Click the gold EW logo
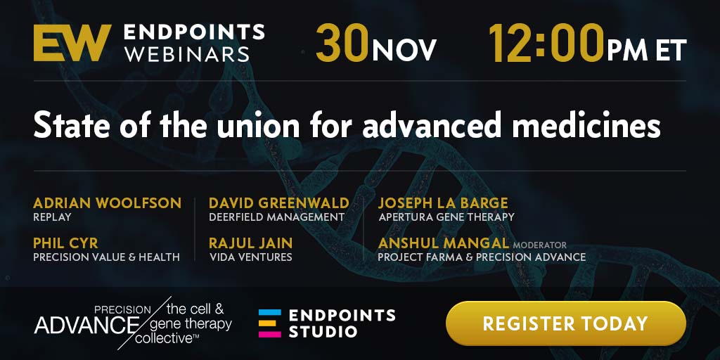(x=72, y=43)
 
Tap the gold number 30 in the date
(x=342, y=43)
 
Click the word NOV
(x=404, y=49)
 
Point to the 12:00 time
(x=546, y=43)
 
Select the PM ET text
(x=647, y=49)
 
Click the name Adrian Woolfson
(x=108, y=203)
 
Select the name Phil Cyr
(x=65, y=243)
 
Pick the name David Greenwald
(x=279, y=203)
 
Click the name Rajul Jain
(x=251, y=243)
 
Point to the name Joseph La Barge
(x=443, y=203)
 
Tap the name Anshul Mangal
(x=444, y=243)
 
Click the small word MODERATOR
(x=540, y=245)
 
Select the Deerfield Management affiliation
(x=277, y=217)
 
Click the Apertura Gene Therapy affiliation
(x=446, y=217)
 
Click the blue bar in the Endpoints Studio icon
(x=269, y=312)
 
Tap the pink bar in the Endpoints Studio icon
(x=269, y=334)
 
